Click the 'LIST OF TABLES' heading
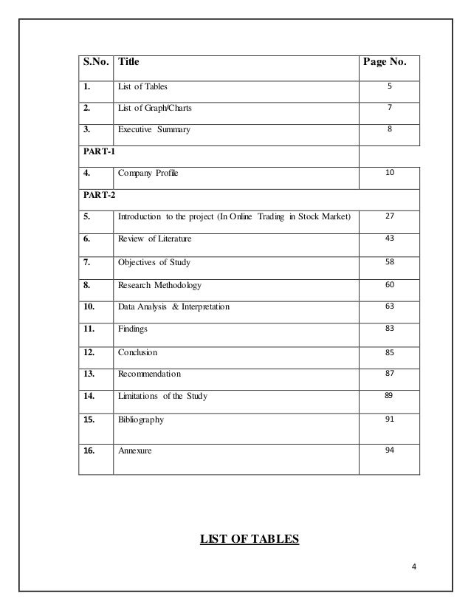click(250, 538)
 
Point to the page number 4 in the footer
click(414, 567)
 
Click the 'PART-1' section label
click(96, 152)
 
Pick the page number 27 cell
click(388, 216)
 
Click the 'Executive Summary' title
click(154, 130)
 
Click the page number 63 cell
click(388, 306)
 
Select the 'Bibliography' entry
click(141, 419)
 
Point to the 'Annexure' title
click(135, 450)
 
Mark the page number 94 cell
click(388, 449)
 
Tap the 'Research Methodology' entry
click(159, 284)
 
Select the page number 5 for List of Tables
click(388, 86)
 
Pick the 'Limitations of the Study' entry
click(162, 397)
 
